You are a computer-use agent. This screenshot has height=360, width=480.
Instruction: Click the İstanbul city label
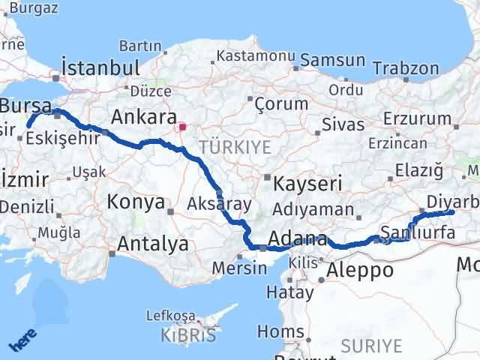(100, 67)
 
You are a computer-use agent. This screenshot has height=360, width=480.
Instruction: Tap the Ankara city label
(143, 117)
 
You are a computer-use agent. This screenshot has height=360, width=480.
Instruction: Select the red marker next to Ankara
(182, 127)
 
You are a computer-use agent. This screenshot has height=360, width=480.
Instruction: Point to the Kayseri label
(308, 182)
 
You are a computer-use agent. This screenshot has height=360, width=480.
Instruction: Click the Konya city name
(136, 201)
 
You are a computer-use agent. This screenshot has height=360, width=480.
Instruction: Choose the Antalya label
(153, 243)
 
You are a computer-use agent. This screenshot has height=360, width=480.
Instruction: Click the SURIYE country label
(371, 346)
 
